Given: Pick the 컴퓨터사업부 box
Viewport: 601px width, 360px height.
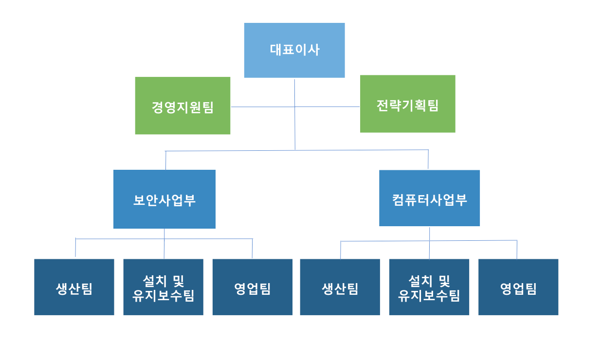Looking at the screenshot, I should point(429,214).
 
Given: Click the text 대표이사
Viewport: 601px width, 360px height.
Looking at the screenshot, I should point(294,50).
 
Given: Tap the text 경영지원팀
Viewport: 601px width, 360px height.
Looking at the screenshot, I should point(182,107).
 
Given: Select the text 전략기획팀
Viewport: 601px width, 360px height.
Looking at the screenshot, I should point(408,105).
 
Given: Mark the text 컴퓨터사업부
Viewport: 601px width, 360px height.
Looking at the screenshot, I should point(429,200).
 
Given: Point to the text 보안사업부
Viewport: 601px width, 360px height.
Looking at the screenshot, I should point(164,200).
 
